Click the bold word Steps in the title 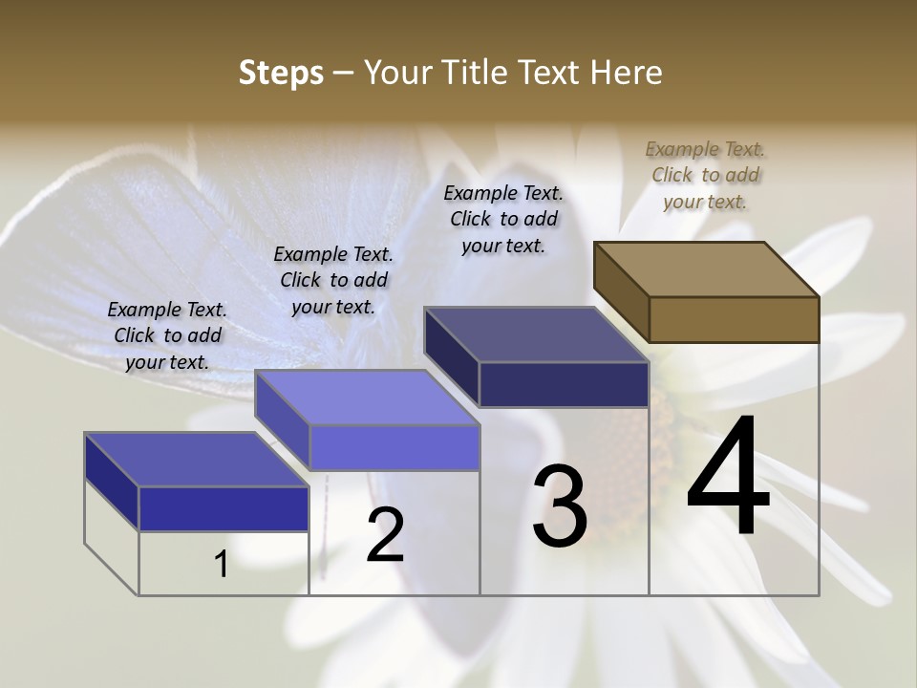[281, 73]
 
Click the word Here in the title [627, 73]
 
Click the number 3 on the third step [560, 506]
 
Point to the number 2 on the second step [385, 535]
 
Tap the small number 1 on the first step [222, 564]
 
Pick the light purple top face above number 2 [367, 398]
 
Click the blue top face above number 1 [197, 460]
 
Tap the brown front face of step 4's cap [734, 319]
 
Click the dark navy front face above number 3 [564, 384]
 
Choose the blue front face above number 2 [394, 447]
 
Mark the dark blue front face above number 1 [224, 508]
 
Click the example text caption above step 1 [167, 335]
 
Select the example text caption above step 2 [333, 280]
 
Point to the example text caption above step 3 [503, 219]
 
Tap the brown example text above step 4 [705, 175]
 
